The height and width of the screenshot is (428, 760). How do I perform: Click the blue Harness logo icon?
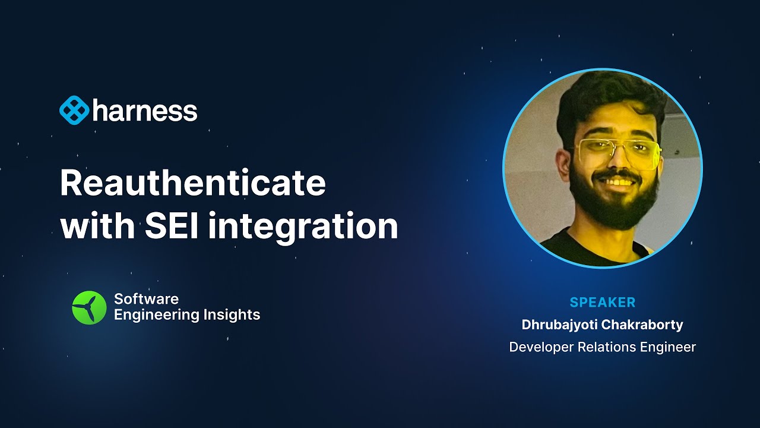point(74,111)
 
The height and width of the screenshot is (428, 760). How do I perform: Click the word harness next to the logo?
point(145,111)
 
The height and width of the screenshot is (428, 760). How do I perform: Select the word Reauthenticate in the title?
point(193,184)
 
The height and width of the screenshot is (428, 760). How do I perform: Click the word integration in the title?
point(303,226)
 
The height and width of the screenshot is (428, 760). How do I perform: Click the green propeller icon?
point(89,307)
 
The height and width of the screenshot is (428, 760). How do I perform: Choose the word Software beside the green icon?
point(146,299)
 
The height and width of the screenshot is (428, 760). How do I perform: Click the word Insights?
point(229,315)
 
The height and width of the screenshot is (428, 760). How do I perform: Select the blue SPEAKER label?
point(602,303)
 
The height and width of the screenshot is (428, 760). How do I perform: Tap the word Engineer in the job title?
point(667,347)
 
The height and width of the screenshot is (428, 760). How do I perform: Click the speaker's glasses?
point(617,152)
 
